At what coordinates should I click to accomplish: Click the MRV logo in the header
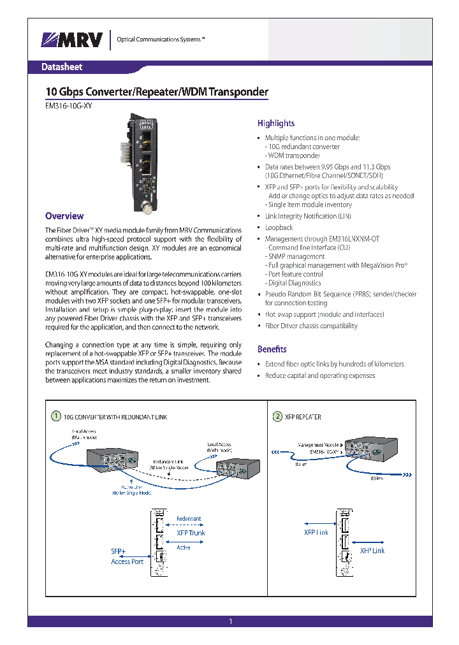click(x=72, y=40)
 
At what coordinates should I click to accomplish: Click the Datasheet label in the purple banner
click(x=62, y=67)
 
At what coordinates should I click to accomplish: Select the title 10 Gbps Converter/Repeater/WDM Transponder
click(x=157, y=92)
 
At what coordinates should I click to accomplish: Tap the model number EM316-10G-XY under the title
click(x=68, y=107)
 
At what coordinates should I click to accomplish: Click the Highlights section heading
click(x=275, y=124)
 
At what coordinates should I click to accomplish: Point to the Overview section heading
click(x=64, y=216)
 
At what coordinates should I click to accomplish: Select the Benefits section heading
click(x=272, y=349)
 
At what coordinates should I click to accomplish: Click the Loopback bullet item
click(x=279, y=228)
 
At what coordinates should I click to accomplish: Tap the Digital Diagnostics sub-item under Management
click(x=295, y=283)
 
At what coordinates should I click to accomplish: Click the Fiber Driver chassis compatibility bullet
click(x=311, y=326)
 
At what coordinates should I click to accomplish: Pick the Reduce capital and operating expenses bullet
click(x=320, y=375)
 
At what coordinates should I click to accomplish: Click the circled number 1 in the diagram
click(x=57, y=416)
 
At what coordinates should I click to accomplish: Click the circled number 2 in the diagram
click(x=277, y=416)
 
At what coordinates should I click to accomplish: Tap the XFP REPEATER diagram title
click(x=303, y=417)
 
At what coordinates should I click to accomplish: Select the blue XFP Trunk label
click(x=191, y=533)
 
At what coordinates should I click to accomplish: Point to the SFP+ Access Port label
click(x=127, y=556)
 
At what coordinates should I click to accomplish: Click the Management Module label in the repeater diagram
click(x=319, y=444)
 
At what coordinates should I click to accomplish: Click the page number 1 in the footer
click(x=231, y=621)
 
